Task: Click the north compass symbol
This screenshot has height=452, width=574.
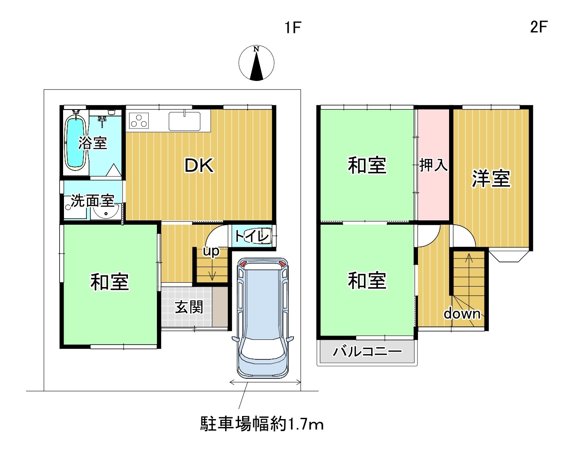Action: [256, 63]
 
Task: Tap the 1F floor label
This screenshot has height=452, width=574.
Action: [293, 28]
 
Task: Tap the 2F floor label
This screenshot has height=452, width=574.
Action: [539, 27]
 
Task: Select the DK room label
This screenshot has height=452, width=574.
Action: [199, 166]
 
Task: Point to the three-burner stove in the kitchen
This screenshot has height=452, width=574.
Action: [139, 120]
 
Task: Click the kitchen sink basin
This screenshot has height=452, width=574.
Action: [184, 121]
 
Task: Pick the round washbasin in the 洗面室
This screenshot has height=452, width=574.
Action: [106, 212]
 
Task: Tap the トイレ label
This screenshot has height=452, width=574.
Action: [252, 236]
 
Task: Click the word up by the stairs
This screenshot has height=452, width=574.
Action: [211, 252]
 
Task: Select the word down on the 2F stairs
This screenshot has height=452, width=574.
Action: [462, 313]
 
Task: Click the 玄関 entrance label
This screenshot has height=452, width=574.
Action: [189, 307]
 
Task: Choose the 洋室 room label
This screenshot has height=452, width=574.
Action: [491, 178]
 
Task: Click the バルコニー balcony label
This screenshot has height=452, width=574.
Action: [367, 352]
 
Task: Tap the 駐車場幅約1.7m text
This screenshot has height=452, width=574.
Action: [261, 424]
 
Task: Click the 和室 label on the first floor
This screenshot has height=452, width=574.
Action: [110, 282]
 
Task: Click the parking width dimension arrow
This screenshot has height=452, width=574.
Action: [265, 383]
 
